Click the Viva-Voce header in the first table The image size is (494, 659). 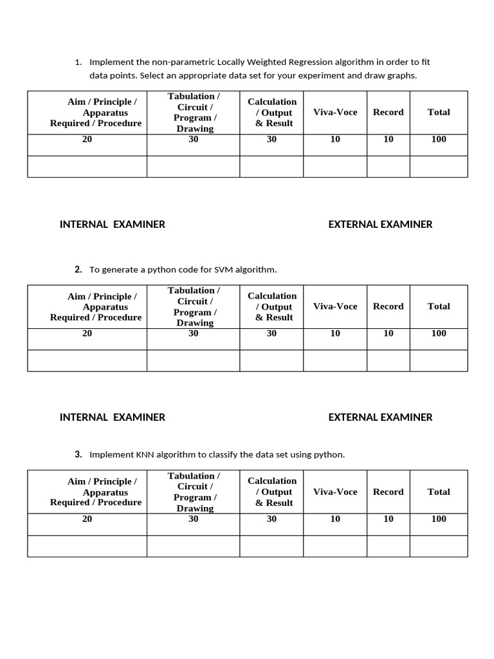[x=335, y=112]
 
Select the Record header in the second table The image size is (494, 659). [x=388, y=306]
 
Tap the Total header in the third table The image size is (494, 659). [x=439, y=492]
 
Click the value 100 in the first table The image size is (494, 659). [x=439, y=139]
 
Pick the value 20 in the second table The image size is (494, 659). [x=87, y=333]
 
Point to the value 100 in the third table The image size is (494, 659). [x=439, y=519]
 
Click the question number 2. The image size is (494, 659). [x=78, y=270]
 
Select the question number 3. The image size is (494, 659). [x=78, y=454]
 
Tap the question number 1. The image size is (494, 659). [x=78, y=62]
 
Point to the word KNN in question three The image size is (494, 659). [x=145, y=454]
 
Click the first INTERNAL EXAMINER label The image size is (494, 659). [x=113, y=225]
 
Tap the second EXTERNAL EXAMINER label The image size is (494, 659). [x=380, y=417]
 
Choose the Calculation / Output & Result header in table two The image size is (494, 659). [x=272, y=306]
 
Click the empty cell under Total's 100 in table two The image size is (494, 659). [x=439, y=360]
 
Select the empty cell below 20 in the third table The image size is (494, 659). [x=87, y=546]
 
